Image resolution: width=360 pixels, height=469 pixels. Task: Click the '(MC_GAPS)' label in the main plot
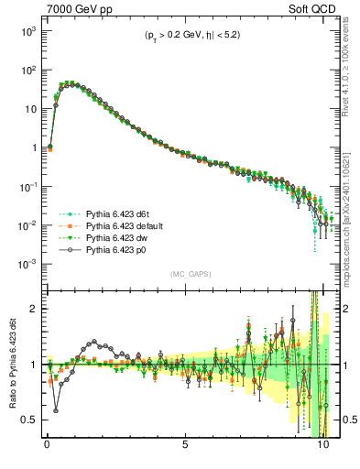[x=186, y=273]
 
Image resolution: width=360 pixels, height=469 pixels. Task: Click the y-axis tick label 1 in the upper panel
[x=34, y=147]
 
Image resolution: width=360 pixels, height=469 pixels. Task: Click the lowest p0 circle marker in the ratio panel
[x=56, y=410]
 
